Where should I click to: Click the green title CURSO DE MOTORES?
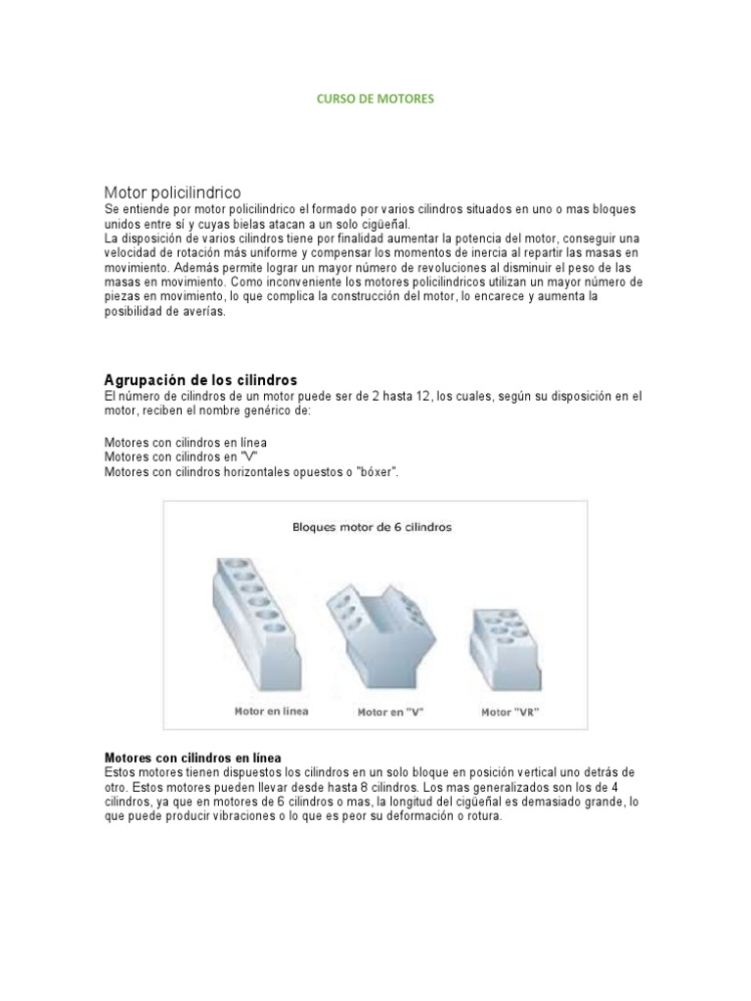pos(375,99)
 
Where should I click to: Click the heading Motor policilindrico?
pos(172,192)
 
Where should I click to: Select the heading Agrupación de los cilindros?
pos(200,378)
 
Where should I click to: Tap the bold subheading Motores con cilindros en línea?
pos(193,758)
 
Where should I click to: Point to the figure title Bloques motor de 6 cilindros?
pos(372,526)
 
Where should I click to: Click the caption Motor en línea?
pos(271,711)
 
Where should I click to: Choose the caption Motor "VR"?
pos(509,713)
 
